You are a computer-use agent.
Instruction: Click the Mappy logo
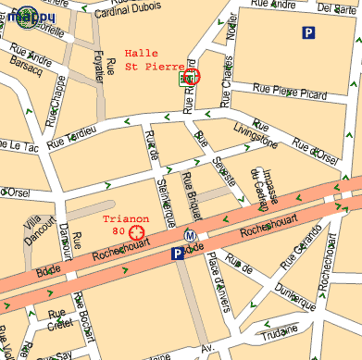coord(28,16)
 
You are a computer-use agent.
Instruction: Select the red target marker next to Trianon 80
coord(137,231)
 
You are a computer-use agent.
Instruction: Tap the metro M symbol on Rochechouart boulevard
coord(190,235)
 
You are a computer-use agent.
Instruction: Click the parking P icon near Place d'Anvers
coord(177,254)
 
